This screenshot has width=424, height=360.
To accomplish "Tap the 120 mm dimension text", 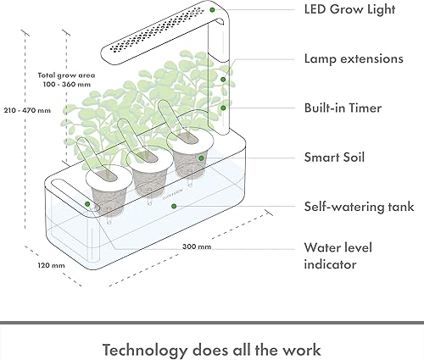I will click(x=52, y=264).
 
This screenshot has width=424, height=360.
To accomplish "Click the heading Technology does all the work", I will click(x=212, y=349).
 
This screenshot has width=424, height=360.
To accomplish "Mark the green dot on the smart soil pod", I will click(x=200, y=157).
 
